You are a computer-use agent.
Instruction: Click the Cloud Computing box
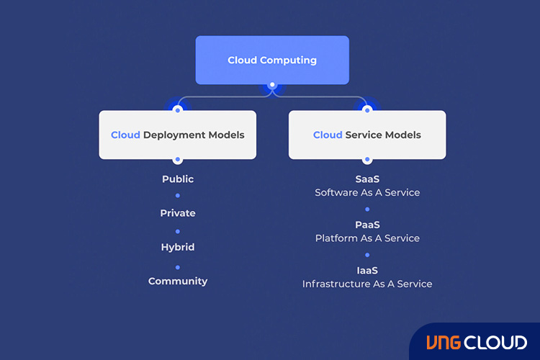point(272,60)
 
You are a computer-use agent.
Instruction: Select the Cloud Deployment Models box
point(178,135)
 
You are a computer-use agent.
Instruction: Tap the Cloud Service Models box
point(367,135)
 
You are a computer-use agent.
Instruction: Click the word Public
point(178,179)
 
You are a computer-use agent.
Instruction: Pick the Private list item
point(178,213)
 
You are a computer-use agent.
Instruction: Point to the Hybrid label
point(178,247)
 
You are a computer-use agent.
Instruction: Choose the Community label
point(178,281)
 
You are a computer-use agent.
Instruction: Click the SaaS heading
point(367,179)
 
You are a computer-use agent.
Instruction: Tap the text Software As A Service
point(367,192)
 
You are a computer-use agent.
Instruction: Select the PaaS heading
point(367,225)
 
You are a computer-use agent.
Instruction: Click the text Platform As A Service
point(367,238)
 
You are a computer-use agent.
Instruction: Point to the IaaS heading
point(367,271)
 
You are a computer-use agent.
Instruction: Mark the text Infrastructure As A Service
point(367,284)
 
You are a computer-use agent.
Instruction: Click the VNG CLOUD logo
point(476,343)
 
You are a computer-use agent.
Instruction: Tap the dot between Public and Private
point(178,196)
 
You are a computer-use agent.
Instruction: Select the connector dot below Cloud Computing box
point(272,85)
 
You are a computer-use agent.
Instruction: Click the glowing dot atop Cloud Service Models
point(367,109)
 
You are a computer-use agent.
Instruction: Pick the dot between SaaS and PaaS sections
point(367,209)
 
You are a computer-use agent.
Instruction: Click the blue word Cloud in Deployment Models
point(125,135)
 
